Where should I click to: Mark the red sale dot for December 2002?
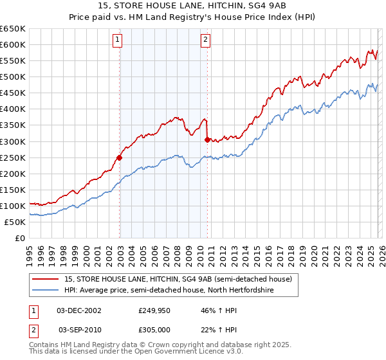coord(119,157)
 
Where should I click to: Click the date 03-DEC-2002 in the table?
coord(79,310)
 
